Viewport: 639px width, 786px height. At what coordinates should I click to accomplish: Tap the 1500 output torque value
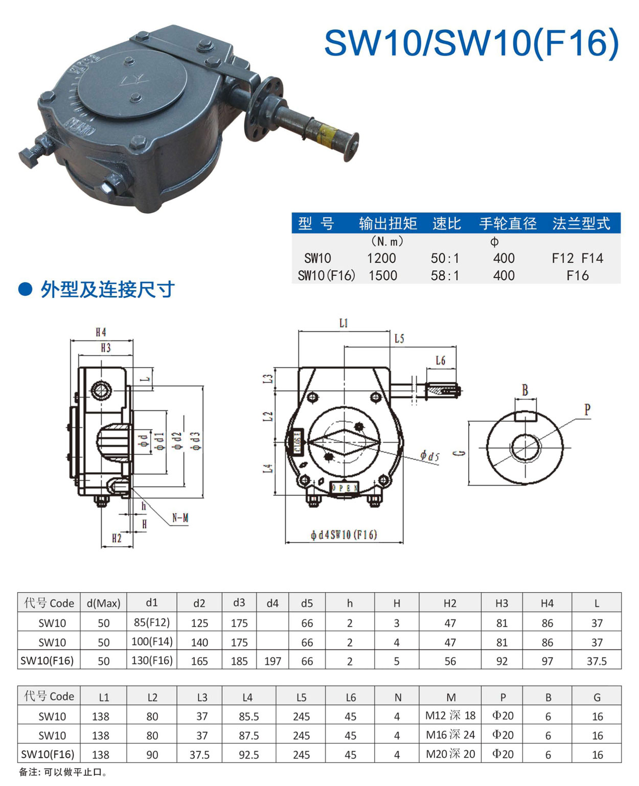point(383,275)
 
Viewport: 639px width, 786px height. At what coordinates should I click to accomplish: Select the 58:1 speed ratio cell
point(445,275)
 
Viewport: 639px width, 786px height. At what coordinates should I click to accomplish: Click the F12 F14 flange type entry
point(577,258)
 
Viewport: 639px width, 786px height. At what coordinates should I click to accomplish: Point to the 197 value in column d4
point(272,661)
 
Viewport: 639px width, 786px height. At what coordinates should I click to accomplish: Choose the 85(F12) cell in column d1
point(152,622)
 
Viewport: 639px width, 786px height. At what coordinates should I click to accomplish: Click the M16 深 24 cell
point(450,734)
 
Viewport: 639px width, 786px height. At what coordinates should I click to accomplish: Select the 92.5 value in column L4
point(248,755)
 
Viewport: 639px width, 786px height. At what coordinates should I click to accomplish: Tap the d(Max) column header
point(103,604)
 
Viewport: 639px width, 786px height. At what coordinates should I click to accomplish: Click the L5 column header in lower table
point(301,697)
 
